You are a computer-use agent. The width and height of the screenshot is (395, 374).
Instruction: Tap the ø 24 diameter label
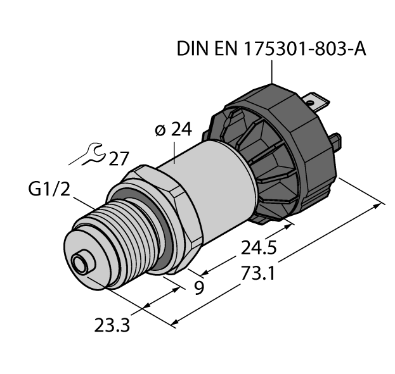click(172, 130)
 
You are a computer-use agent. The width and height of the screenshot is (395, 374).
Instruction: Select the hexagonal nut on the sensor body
click(168, 209)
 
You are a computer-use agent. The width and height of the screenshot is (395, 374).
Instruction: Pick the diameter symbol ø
click(160, 130)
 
